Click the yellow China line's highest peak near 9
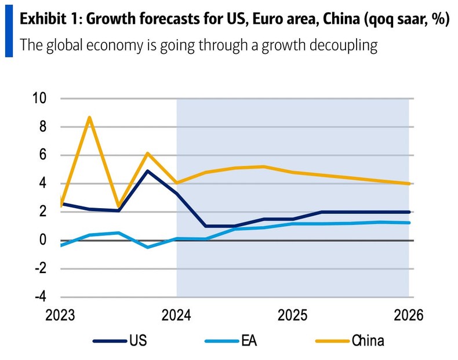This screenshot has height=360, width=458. click(x=89, y=117)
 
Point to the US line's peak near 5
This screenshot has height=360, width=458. click(x=148, y=171)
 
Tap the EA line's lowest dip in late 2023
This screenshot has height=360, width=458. click(x=147, y=247)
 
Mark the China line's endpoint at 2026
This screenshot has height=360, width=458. click(x=409, y=184)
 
